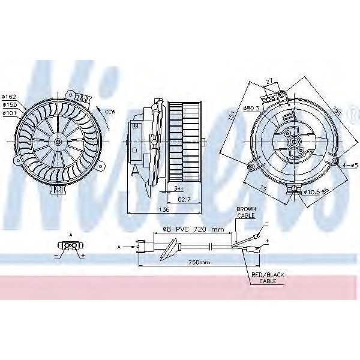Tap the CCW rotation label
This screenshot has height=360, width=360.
pos(109,112)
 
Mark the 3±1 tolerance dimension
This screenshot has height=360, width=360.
pos(179,189)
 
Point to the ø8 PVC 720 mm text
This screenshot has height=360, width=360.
pos(194,229)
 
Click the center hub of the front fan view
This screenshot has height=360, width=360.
pos(58,142)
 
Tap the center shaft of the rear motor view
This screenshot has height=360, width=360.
pos(294,143)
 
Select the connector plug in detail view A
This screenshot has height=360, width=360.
pos(71,245)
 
